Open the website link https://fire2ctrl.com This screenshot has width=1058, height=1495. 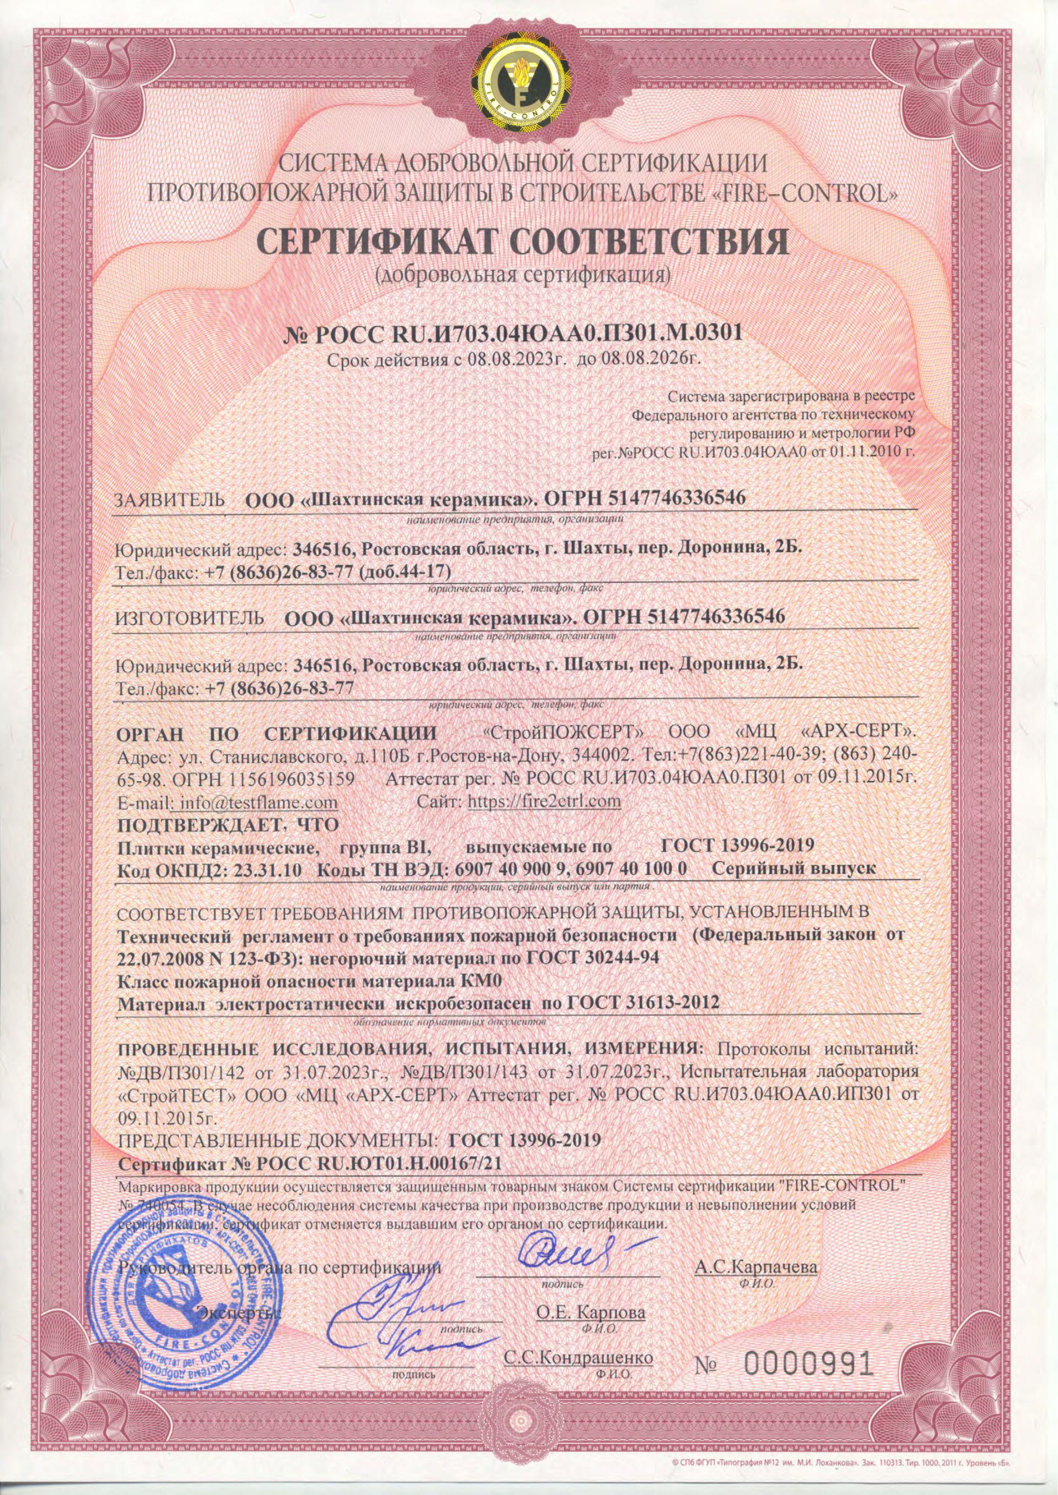[x=545, y=801]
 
